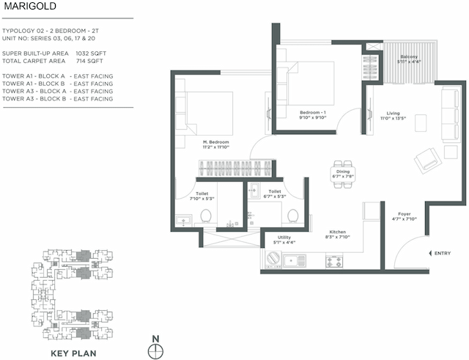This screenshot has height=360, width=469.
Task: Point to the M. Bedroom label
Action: point(217,142)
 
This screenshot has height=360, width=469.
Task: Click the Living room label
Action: point(394,114)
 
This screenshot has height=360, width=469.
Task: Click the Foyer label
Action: point(404,214)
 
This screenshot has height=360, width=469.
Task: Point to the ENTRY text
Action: point(443,253)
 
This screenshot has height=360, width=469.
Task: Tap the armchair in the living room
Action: point(426,158)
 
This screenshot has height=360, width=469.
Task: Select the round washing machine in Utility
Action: point(273,259)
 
